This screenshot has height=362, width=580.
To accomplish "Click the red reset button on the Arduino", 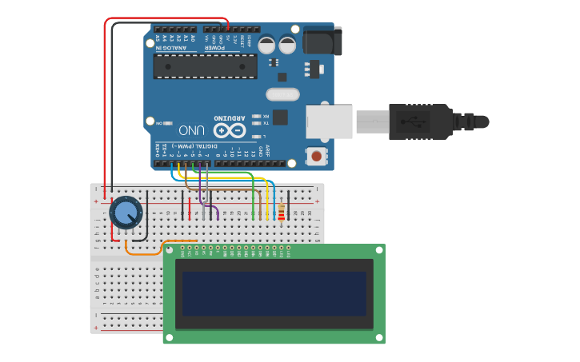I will coord(318,156).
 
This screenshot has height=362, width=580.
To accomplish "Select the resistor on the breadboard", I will coord(281,212).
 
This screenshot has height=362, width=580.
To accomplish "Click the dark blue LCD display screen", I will coord(274,293).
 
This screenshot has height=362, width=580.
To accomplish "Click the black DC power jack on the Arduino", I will coord(322,41).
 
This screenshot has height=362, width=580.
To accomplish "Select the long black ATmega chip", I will coord(205,66).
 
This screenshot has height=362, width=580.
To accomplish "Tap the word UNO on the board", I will coord(192,129).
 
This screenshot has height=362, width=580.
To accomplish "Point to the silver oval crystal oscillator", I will coord(282,94).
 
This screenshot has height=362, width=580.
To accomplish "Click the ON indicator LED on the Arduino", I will coord(159,122).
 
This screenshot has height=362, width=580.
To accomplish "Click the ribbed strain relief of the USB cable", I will coord(463,121).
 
